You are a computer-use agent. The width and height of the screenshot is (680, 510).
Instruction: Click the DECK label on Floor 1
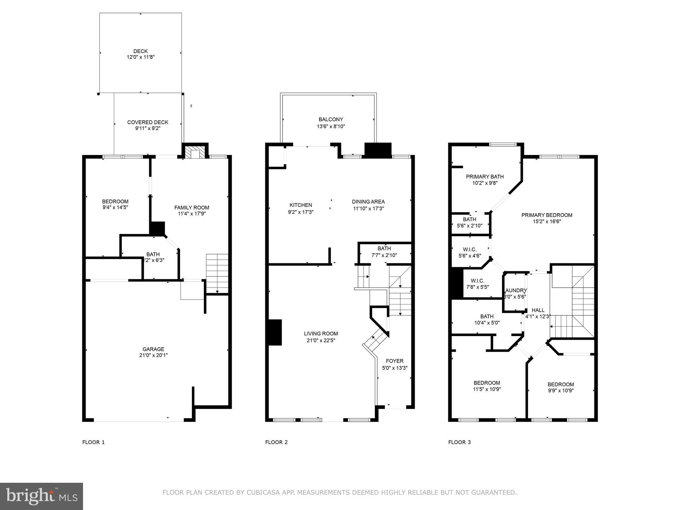[140, 51]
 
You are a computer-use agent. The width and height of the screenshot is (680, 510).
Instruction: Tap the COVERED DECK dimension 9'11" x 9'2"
[148, 128]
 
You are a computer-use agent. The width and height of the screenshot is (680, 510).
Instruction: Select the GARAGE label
[153, 349]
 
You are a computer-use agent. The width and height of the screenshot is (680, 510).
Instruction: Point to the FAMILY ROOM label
[192, 208]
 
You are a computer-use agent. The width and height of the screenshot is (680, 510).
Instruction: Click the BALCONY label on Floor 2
[331, 119]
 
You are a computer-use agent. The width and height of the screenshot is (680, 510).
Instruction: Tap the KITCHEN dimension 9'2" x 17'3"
[301, 212]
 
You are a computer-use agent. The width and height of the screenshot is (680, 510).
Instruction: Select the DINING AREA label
[368, 202]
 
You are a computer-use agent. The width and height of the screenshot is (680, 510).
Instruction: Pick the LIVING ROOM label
[321, 334]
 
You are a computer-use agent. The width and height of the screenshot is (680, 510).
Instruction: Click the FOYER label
[394, 361]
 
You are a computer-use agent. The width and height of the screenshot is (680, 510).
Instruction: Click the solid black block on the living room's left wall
[275, 332]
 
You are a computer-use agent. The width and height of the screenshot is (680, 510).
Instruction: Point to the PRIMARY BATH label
[485, 177]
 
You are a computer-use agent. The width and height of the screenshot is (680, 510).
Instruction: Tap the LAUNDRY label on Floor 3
[516, 290]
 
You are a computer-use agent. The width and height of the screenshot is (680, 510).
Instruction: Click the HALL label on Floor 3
[538, 310]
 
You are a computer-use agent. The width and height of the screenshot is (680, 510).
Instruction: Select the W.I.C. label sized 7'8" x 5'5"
[477, 281]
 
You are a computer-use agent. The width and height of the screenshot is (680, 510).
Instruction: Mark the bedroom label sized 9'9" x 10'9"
[560, 384]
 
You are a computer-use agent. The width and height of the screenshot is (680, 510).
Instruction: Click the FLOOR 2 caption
[276, 442]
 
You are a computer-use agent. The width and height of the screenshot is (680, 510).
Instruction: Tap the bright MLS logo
[42, 496]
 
